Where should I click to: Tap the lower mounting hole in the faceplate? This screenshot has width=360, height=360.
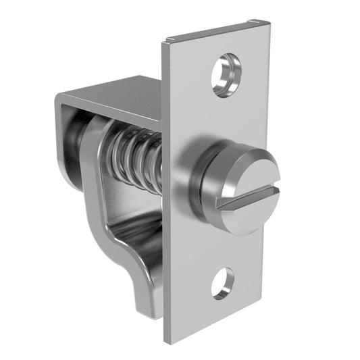pyautogui.click(x=222, y=283)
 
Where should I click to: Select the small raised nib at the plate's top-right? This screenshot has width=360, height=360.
pyautogui.click(x=253, y=22)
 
